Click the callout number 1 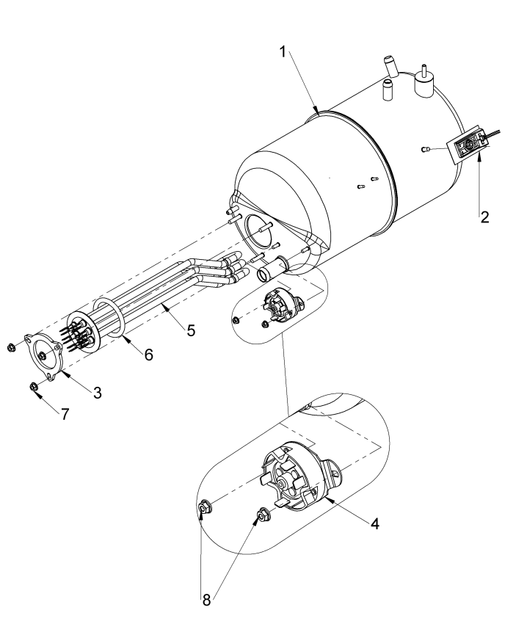pyautogui.click(x=283, y=52)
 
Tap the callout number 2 pyautogui.click(x=484, y=217)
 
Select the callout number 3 pyautogui.click(x=98, y=393)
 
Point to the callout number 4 pyautogui.click(x=375, y=523)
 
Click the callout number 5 pyautogui.click(x=192, y=330)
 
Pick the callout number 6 pyautogui.click(x=148, y=355)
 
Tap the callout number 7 pyautogui.click(x=65, y=414)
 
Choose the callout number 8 pyautogui.click(x=206, y=600)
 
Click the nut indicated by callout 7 pyautogui.click(x=34, y=386)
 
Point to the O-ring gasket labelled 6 pyautogui.click(x=108, y=318)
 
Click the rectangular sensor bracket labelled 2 pyautogui.click(x=468, y=146)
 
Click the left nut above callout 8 pyautogui.click(x=204, y=507)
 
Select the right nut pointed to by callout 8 pyautogui.click(x=262, y=515)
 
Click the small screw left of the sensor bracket pyautogui.click(x=424, y=149)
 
